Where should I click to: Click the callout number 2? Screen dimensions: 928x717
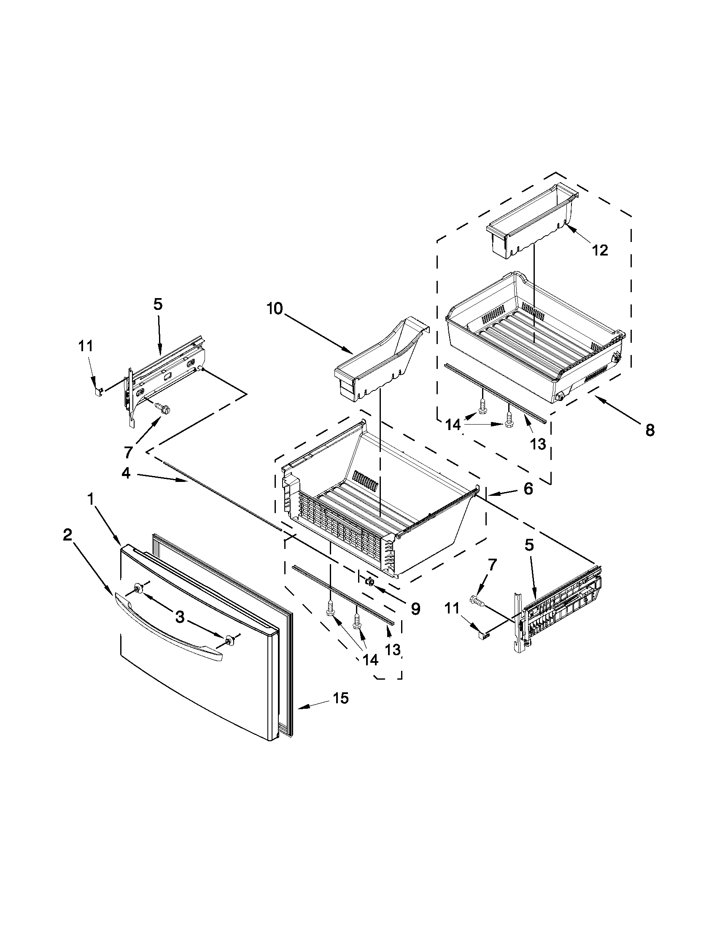67,535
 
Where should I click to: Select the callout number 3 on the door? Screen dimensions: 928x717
180,616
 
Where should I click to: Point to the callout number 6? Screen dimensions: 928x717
528,489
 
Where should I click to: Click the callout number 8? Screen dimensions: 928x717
650,430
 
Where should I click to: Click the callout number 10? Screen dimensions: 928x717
275,309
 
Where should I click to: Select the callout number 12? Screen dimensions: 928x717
600,250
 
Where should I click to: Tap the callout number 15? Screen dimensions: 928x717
341,698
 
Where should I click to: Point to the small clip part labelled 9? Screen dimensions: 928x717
369,581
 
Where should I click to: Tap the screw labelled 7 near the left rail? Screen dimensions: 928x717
162,407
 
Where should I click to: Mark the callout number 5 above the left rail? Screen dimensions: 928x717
158,305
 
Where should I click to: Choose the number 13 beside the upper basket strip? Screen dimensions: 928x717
538,444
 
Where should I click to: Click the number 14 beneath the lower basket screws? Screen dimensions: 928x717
370,659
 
